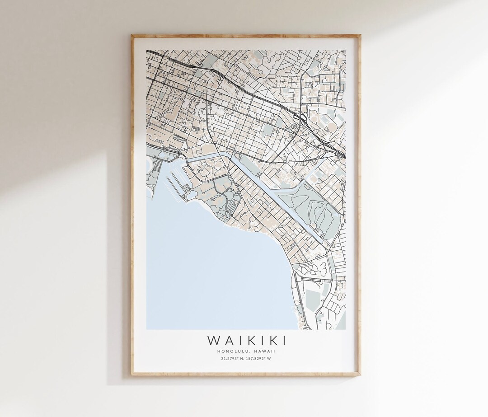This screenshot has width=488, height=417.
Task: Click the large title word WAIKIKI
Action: tap(246, 340)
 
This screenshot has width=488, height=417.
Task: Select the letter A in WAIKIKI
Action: tap(227, 340)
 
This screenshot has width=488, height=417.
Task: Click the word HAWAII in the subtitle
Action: tap(266, 351)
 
